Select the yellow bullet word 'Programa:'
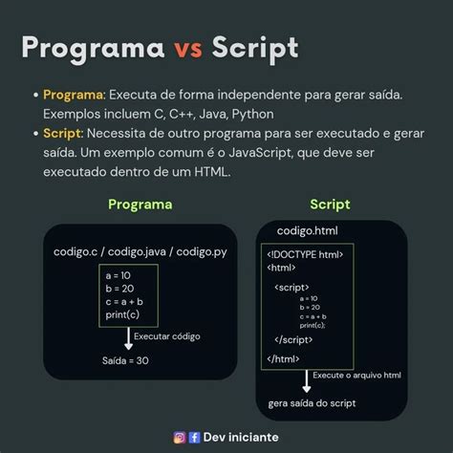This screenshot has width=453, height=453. [75, 95]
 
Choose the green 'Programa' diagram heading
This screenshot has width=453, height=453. [140, 205]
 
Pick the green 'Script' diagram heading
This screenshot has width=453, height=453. [330, 205]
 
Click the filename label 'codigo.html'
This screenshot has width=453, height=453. [307, 231]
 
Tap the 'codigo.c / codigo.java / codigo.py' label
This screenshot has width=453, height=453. [140, 251]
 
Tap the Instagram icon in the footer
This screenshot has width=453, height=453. [179, 437]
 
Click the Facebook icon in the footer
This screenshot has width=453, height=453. [194, 437]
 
